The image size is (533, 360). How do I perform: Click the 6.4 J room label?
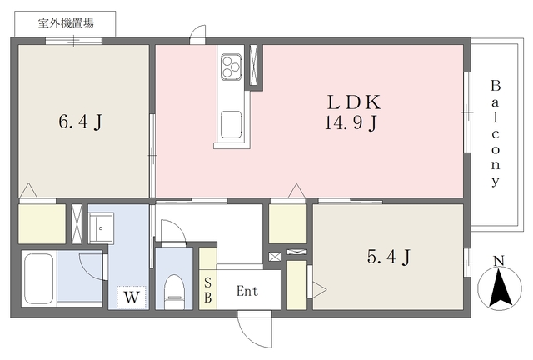coord(81,122)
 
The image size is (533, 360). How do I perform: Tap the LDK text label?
coord(354,102)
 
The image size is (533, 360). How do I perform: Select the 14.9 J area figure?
coord(351,122)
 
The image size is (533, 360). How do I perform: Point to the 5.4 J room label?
coord(389,257)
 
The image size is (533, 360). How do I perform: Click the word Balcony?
coord(496,133)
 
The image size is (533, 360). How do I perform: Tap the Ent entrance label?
coord(247,291)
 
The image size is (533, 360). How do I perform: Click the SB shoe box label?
coord(207,290)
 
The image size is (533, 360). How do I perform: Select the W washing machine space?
coord(132,297)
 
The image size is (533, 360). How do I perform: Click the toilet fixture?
coord(174,292)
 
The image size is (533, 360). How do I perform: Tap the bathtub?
coord(39,278)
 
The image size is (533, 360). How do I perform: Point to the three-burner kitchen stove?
coord(232,67)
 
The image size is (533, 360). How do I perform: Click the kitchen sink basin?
coord(232,124)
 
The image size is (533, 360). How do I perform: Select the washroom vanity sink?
coord(101,227)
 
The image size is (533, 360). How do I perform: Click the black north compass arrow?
coord(500,287)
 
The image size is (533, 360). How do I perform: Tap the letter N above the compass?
coord(499,261)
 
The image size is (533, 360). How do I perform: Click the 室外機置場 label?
coord(66,23)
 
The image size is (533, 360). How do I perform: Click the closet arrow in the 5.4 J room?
coord(319,290)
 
